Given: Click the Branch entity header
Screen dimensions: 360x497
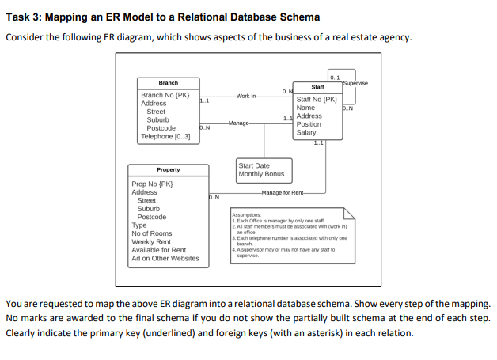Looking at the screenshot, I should coord(168,83).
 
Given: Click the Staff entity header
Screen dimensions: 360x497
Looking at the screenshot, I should coord(317,87).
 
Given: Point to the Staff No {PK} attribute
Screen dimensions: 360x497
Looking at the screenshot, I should coord(317,100).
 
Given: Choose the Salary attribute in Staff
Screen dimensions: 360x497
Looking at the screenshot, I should coord(305,133).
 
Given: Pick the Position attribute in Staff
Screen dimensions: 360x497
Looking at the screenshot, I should coord(309,124).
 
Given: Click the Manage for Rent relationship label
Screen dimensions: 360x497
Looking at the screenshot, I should coord(286,192).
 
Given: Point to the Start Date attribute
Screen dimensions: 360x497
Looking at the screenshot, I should coord(254,166).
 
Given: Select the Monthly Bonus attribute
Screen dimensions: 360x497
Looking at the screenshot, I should coord(261,174).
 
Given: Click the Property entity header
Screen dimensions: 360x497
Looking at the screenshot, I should coord(168,169).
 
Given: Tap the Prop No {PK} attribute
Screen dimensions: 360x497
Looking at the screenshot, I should coord(153,184).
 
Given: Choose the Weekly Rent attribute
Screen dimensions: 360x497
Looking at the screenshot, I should coord(150,241).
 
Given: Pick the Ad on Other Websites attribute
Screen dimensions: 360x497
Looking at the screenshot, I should coord(165,258).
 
